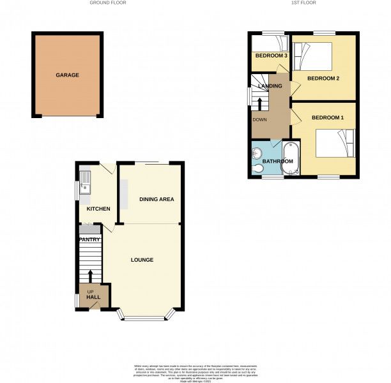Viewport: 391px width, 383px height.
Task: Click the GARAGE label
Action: [67, 75]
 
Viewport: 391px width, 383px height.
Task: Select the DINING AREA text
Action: [157, 200]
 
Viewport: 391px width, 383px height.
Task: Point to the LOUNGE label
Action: [142, 260]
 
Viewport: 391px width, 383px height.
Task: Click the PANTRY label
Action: [89, 239]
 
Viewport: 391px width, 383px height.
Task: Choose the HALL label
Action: [93, 297]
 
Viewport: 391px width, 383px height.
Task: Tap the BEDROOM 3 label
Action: [270, 56]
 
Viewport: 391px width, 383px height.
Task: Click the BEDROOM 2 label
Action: [323, 79]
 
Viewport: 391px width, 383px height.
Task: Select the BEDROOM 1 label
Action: [328, 118]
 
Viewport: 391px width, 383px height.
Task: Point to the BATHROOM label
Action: [274, 161]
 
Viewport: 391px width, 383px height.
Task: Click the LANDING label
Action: [268, 86]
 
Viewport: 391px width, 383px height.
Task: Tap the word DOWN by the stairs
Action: [259, 119]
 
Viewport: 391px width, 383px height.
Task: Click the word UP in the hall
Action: [90, 292]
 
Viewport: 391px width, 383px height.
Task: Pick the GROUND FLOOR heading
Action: [108, 3]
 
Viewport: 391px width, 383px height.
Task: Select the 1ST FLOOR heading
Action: [304, 3]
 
